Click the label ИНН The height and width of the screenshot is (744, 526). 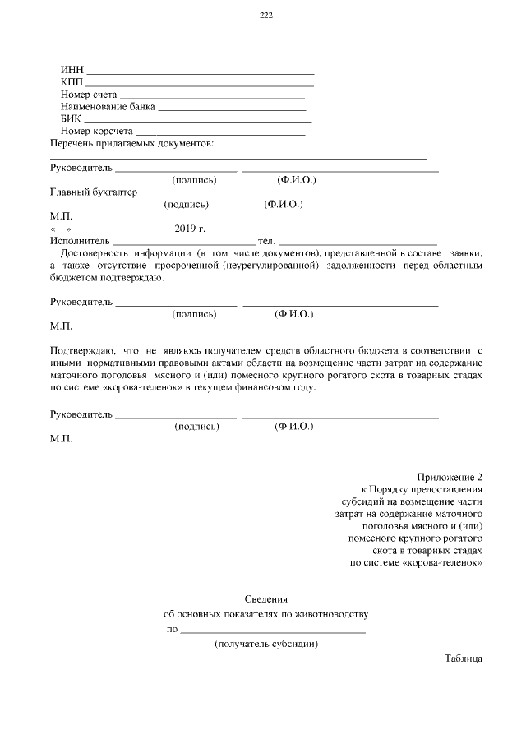72,70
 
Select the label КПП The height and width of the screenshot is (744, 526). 72,82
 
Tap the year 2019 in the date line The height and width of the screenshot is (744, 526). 184,229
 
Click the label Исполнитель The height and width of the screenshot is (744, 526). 79,241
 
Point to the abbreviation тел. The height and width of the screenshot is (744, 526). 266,241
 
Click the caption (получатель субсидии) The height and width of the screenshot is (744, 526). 265,645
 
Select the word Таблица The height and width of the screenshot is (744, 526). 464,659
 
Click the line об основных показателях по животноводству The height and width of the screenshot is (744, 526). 265,614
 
